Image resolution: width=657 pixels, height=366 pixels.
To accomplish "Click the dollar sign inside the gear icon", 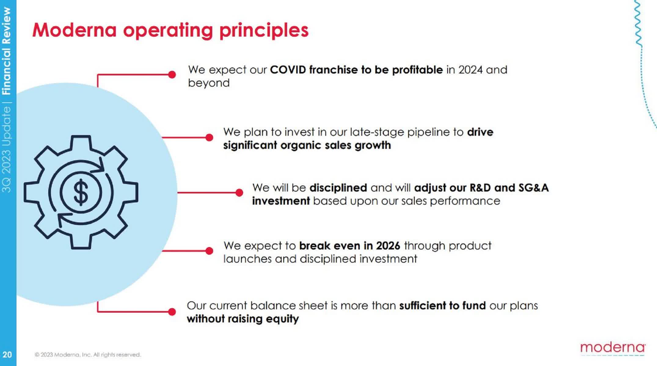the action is click(x=81, y=192).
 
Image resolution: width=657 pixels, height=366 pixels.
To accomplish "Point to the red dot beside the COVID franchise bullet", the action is click(x=172, y=74).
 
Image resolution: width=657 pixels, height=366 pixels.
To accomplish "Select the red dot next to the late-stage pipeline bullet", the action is click(x=209, y=138).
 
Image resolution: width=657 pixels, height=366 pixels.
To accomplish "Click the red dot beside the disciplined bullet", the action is click(x=239, y=192).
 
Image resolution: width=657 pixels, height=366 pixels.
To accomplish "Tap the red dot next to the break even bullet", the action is click(x=209, y=251).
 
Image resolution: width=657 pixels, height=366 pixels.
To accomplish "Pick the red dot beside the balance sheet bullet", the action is click(x=172, y=311).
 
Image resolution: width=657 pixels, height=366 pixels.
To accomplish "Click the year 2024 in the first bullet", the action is click(x=470, y=70).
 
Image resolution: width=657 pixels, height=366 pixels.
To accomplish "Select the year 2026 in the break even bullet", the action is click(x=388, y=246).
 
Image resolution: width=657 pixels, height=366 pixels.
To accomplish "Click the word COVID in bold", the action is click(x=288, y=70).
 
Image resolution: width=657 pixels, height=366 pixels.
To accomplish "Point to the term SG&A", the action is click(x=534, y=188).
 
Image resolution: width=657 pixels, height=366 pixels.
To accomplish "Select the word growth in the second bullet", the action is click(x=373, y=145).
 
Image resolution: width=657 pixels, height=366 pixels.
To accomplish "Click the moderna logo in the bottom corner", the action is click(x=613, y=348).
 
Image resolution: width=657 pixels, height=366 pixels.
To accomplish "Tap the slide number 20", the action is click(x=7, y=354).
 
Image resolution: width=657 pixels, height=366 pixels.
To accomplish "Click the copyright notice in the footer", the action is click(x=88, y=355).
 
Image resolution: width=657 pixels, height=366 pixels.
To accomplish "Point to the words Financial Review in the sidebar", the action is click(x=7, y=51).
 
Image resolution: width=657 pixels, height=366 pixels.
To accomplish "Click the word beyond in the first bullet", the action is click(x=209, y=83).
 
